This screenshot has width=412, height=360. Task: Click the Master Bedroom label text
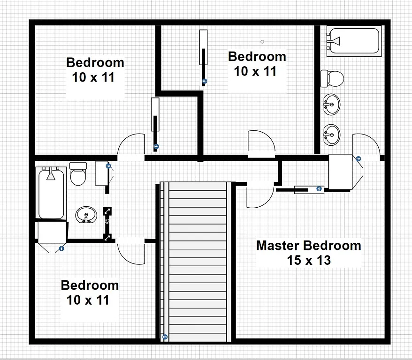(x=308, y=246)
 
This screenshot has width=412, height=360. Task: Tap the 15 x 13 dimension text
(x=309, y=260)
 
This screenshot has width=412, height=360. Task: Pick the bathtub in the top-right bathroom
(x=353, y=41)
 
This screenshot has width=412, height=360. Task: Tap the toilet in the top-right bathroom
(x=332, y=78)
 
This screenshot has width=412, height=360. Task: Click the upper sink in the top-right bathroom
(x=332, y=104)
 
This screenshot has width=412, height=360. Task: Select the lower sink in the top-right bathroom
(x=332, y=134)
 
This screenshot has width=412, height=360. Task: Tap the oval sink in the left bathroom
(x=86, y=215)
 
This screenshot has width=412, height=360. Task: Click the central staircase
(x=197, y=261)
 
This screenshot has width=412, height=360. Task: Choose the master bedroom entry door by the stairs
(x=259, y=195)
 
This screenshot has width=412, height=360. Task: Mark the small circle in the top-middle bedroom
(x=262, y=42)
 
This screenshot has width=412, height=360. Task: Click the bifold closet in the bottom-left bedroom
(x=52, y=236)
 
